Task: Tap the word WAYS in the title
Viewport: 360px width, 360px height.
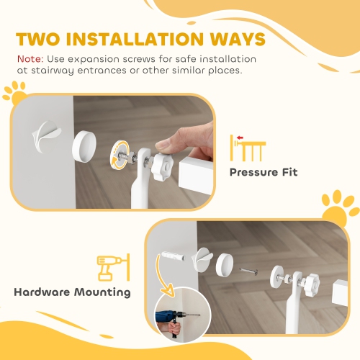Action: (229, 38)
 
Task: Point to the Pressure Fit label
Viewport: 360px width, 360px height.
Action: (263, 173)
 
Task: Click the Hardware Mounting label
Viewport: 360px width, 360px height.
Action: (72, 292)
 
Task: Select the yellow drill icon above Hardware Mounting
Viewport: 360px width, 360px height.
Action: (109, 267)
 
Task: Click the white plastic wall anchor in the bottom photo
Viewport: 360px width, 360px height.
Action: (166, 258)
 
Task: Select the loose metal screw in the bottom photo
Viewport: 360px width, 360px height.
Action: (248, 271)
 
